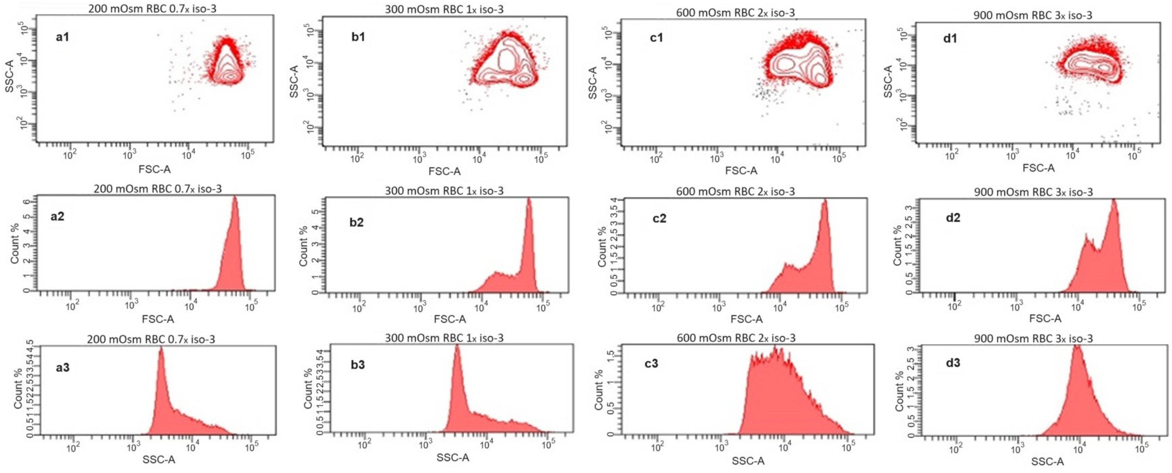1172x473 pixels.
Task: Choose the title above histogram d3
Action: [1033, 338]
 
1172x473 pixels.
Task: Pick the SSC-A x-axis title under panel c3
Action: [748, 461]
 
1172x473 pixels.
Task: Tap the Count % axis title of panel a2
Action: [15, 244]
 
